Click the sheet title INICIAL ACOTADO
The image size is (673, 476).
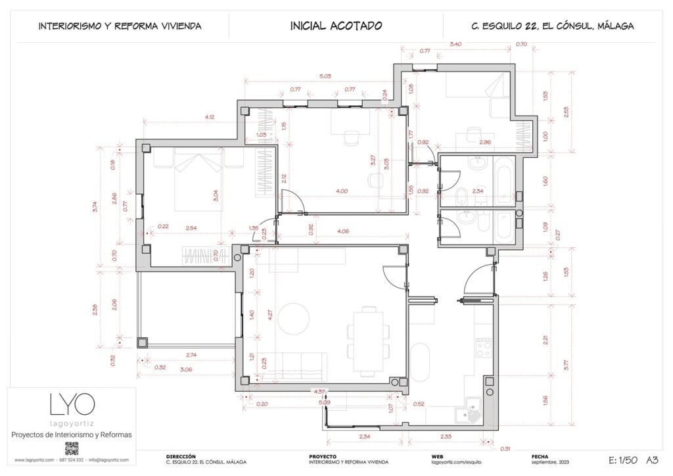pos(336,26)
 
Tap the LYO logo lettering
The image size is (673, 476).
pos(72,404)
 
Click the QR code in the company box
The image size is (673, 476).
pos(72,448)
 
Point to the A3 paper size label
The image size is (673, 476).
pos(653,460)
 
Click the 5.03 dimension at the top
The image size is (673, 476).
pos(325,76)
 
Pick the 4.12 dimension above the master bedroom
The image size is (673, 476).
pos(210,117)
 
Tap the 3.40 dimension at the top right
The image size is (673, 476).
pos(454,44)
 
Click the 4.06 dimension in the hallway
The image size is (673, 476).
pos(342,231)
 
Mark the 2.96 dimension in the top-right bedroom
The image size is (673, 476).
pos(485,142)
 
